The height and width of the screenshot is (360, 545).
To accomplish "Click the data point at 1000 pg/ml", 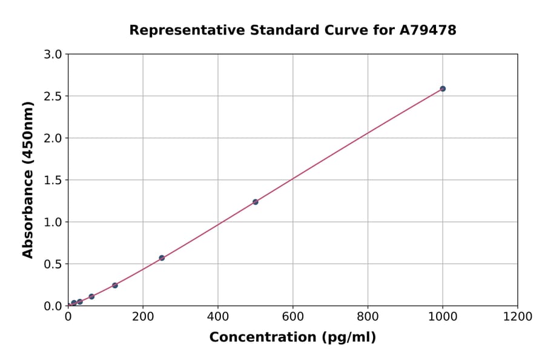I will click(x=443, y=88).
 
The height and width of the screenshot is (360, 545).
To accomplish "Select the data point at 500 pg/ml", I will click(x=256, y=202).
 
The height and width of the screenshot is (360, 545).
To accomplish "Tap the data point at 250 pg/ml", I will click(x=162, y=258).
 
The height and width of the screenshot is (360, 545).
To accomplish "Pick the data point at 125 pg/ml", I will click(x=115, y=285).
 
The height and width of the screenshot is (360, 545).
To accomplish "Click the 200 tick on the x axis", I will click(x=143, y=316).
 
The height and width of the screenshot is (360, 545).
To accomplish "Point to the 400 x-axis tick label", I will click(x=218, y=316).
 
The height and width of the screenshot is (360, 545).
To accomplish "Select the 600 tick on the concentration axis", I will click(x=293, y=316).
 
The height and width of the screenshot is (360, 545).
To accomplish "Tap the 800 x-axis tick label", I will click(x=368, y=316).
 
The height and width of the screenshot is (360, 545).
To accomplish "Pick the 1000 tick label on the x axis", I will click(x=443, y=316).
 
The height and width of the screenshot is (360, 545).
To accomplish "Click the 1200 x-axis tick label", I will click(x=518, y=316).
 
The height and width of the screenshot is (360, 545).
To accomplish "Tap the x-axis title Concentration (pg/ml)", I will click(x=292, y=338).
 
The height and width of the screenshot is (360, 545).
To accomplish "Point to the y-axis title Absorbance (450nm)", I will click(x=28, y=179).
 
